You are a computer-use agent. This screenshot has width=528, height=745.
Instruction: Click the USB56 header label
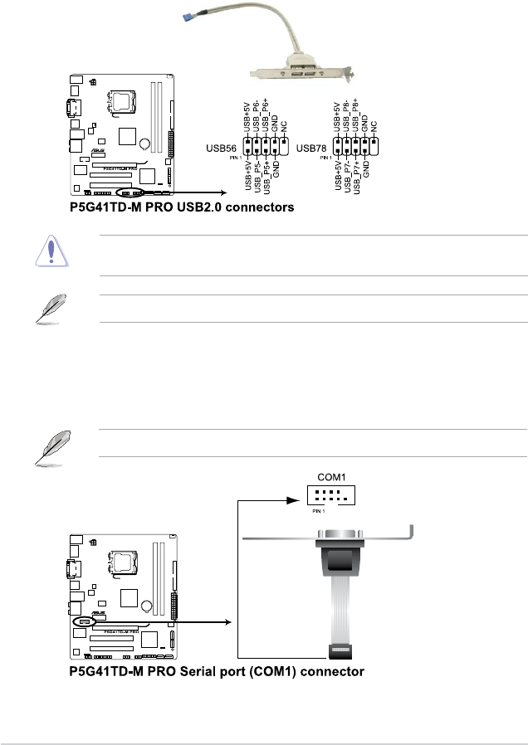221,149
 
